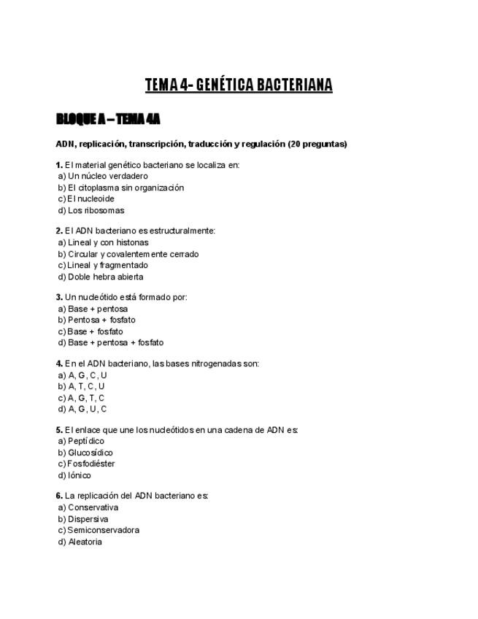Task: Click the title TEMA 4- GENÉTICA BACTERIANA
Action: click(x=239, y=85)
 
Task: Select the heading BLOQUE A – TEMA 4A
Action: click(x=108, y=119)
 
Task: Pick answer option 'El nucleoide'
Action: click(x=90, y=199)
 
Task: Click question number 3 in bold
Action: click(x=59, y=297)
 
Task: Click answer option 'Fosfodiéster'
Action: click(x=90, y=464)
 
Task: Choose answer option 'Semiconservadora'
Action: click(x=103, y=530)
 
